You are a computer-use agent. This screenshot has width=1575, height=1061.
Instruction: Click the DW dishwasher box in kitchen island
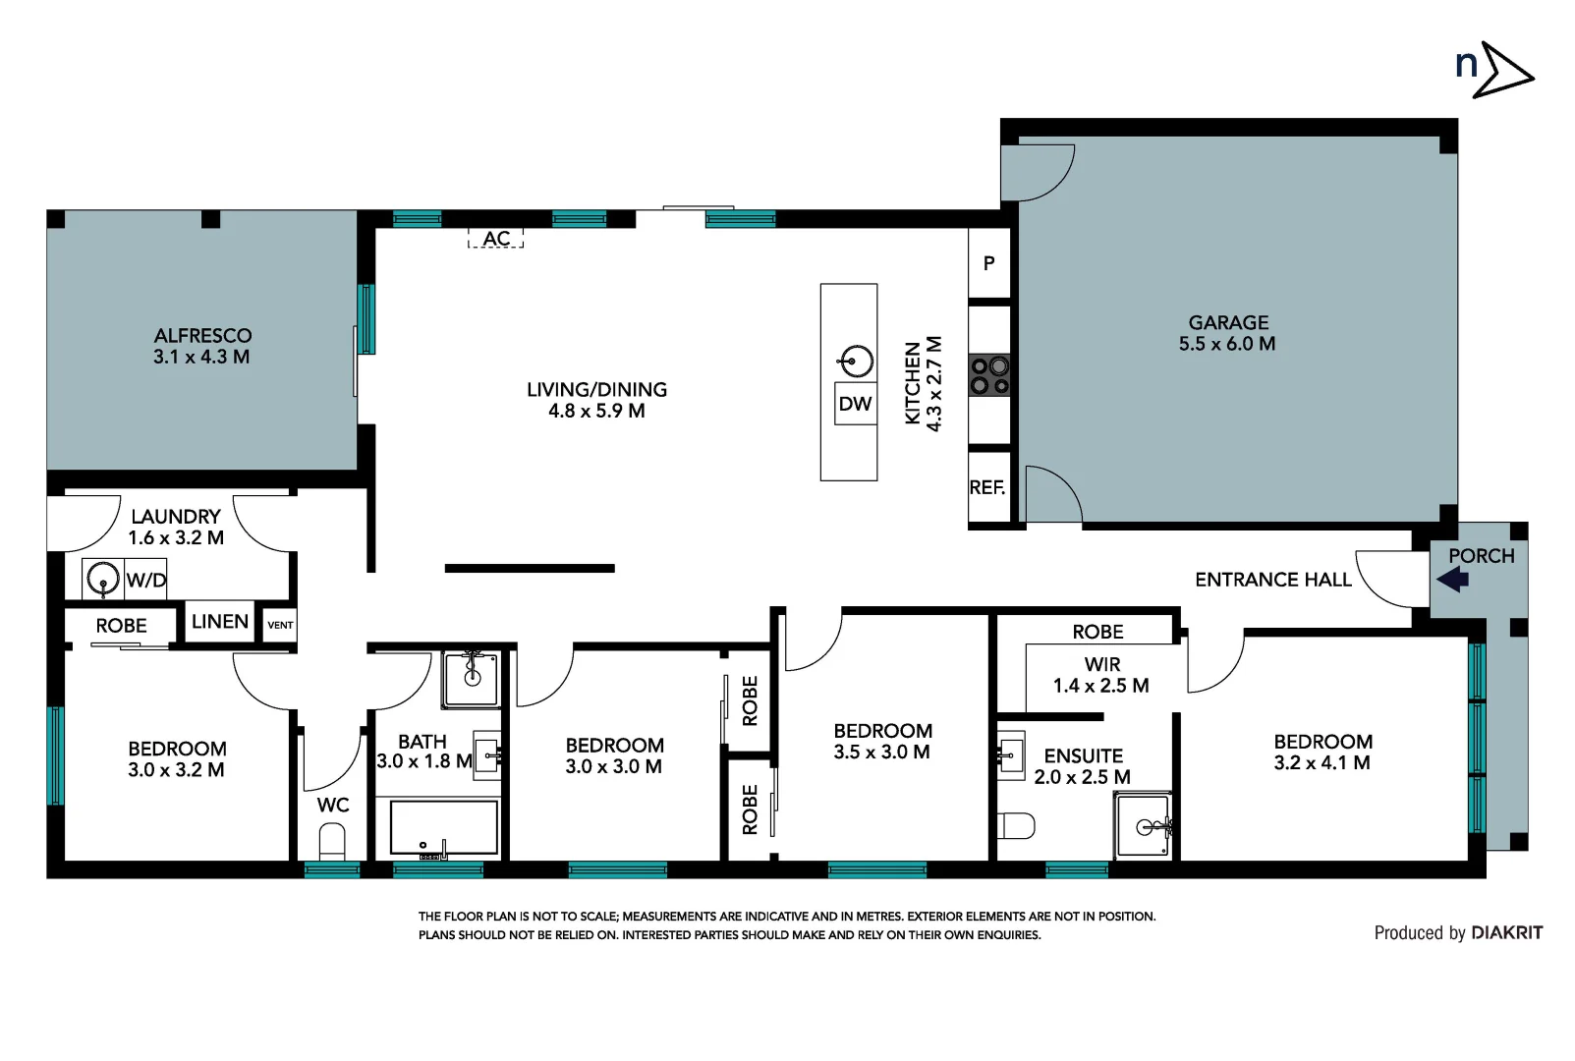pyautogui.click(x=855, y=404)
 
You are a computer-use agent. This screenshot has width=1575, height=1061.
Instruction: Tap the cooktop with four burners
pyautogui.click(x=989, y=375)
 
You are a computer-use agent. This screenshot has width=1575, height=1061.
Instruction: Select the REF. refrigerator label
pyautogui.click(x=987, y=487)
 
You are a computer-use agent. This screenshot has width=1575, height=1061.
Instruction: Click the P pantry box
pyautogui.click(x=988, y=263)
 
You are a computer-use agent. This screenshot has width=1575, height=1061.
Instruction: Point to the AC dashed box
pyautogui.click(x=496, y=238)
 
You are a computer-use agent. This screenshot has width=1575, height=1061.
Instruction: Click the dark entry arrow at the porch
pyautogui.click(x=1453, y=580)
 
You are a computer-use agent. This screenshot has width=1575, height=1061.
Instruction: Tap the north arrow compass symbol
pyautogui.click(x=1493, y=69)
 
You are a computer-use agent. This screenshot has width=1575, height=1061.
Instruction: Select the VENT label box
pyautogui.click(x=280, y=625)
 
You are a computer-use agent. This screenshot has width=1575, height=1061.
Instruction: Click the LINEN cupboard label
pyautogui.click(x=220, y=622)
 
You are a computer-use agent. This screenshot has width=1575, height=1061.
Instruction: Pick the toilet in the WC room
pyautogui.click(x=333, y=842)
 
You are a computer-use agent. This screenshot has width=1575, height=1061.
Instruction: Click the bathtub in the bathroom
pyautogui.click(x=444, y=827)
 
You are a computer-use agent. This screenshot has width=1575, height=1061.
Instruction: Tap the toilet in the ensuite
pyautogui.click(x=1015, y=825)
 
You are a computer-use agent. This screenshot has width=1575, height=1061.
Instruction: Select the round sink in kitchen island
pyautogui.click(x=857, y=362)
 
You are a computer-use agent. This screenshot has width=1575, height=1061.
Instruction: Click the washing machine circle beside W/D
pyautogui.click(x=102, y=579)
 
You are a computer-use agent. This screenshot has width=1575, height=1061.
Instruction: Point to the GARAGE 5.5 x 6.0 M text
pyautogui.click(x=1227, y=333)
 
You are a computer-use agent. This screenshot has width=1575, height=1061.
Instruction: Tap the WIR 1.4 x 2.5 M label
pyautogui.click(x=1101, y=675)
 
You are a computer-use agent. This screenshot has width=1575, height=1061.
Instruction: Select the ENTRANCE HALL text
pyautogui.click(x=1272, y=580)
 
